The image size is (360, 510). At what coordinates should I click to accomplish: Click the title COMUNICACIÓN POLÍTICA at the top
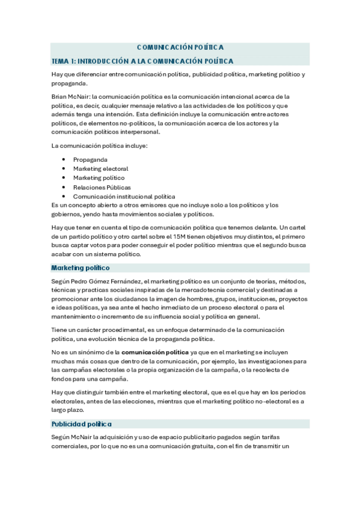pyautogui.click(x=180, y=47)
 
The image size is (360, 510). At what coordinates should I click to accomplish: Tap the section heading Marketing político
pyautogui.click(x=80, y=267)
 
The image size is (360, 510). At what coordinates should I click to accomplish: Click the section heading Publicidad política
pyautogui.click(x=81, y=424)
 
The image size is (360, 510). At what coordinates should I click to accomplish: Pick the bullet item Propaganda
pyautogui.click(x=90, y=159)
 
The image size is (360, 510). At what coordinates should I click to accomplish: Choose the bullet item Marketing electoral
pyautogui.click(x=100, y=169)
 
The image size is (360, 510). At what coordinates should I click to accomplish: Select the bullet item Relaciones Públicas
pyautogui.click(x=102, y=187)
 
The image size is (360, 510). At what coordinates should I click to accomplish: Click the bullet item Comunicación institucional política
pyautogui.click(x=124, y=196)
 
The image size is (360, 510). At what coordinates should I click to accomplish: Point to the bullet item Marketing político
pyautogui.click(x=99, y=178)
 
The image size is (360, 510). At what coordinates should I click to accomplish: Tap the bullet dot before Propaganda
pyautogui.click(x=63, y=159)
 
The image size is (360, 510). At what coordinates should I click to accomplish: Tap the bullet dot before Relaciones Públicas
pyautogui.click(x=63, y=187)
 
